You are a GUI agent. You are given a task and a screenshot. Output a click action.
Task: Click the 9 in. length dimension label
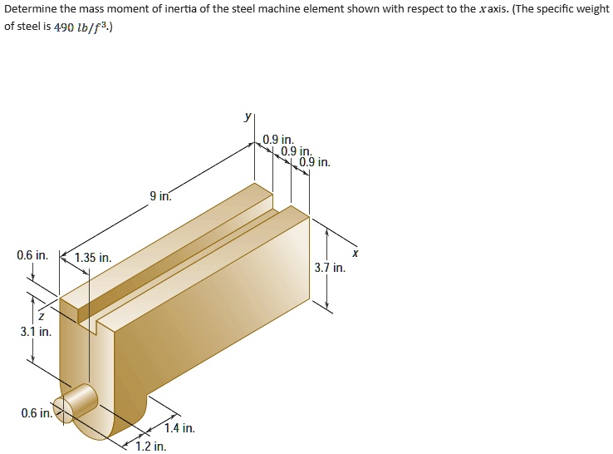point(160,197)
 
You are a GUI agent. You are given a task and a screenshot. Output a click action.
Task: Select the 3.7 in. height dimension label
point(330,268)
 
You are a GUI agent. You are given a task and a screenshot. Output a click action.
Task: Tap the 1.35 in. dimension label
point(92,258)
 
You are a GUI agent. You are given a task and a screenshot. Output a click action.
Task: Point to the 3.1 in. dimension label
point(36,332)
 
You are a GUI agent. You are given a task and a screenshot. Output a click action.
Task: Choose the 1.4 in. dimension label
point(179,428)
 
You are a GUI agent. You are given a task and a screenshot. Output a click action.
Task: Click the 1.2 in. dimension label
point(151,447)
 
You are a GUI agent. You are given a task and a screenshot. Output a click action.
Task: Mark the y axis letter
point(247,119)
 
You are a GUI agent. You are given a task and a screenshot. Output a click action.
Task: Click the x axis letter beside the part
point(355,252)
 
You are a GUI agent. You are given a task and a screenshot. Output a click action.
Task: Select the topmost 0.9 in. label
point(277,139)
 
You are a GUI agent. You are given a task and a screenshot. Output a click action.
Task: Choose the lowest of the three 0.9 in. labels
point(314,162)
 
